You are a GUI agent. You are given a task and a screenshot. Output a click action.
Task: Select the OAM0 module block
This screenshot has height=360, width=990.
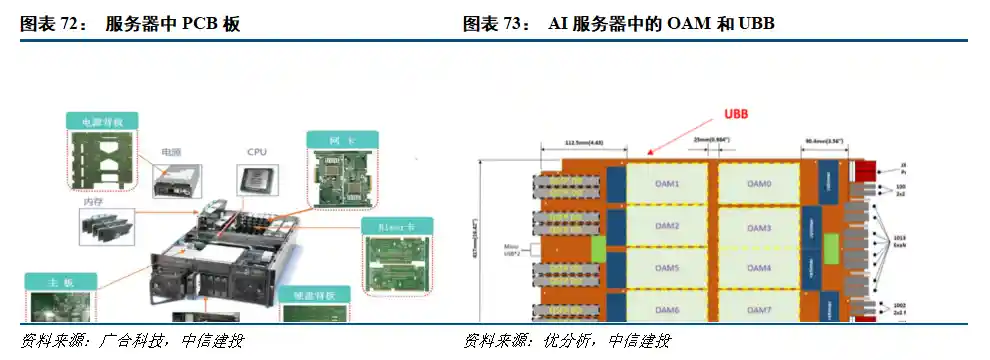pyautogui.click(x=759, y=184)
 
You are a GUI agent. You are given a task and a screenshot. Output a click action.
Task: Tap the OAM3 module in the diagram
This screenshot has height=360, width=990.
pyautogui.click(x=759, y=228)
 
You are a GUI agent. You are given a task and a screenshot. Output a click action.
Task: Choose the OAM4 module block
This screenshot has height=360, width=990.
pyautogui.click(x=759, y=269)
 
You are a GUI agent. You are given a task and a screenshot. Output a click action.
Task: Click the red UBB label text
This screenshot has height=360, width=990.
pyautogui.click(x=736, y=113)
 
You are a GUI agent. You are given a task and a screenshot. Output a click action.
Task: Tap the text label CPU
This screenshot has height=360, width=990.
pyautogui.click(x=256, y=153)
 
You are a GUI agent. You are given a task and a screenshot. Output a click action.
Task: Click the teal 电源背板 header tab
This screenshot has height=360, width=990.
pyautogui.click(x=102, y=121)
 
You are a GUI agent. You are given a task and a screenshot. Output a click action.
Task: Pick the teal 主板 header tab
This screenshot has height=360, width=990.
pyautogui.click(x=60, y=281)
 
